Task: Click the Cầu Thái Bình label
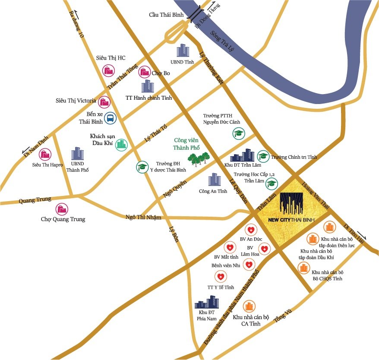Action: coord(166,15)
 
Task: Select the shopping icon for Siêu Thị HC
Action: coord(108,70)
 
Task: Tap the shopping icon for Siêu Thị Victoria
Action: coord(104,102)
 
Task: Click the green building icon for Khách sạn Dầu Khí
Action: coord(121,145)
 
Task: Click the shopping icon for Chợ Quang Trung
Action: coord(63,209)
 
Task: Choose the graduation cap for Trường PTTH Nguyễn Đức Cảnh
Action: coord(238,134)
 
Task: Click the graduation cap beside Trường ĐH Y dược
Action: coord(142,167)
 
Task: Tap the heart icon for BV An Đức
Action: coord(251,230)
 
